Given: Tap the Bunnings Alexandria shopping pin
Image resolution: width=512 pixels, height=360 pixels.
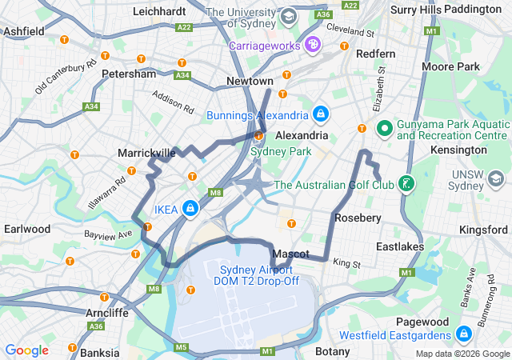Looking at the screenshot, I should click(321, 115).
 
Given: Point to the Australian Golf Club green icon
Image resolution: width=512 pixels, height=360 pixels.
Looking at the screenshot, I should click(408, 185).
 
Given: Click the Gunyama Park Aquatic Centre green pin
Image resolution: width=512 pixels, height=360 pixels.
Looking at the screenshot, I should click(383, 128).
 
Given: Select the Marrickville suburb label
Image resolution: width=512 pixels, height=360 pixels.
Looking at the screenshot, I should click(146, 152).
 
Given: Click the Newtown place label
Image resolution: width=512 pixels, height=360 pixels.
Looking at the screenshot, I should click(250, 82).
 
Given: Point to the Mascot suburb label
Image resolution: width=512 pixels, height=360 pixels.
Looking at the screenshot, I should click(290, 254).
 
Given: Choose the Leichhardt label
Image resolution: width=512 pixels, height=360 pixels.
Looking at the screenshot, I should click(160, 12).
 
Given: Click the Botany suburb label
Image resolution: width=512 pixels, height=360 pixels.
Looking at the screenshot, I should click(333, 350).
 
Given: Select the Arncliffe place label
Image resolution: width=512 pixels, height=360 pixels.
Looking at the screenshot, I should click(106, 312).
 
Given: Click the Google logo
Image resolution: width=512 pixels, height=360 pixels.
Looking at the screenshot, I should click(26, 350).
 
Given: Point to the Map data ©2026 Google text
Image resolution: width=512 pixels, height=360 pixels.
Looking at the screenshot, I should click(462, 354).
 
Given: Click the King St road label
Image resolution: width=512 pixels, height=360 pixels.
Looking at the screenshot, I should click(347, 263).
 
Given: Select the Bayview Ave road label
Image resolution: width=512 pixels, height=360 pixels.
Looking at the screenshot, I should click(108, 235).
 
